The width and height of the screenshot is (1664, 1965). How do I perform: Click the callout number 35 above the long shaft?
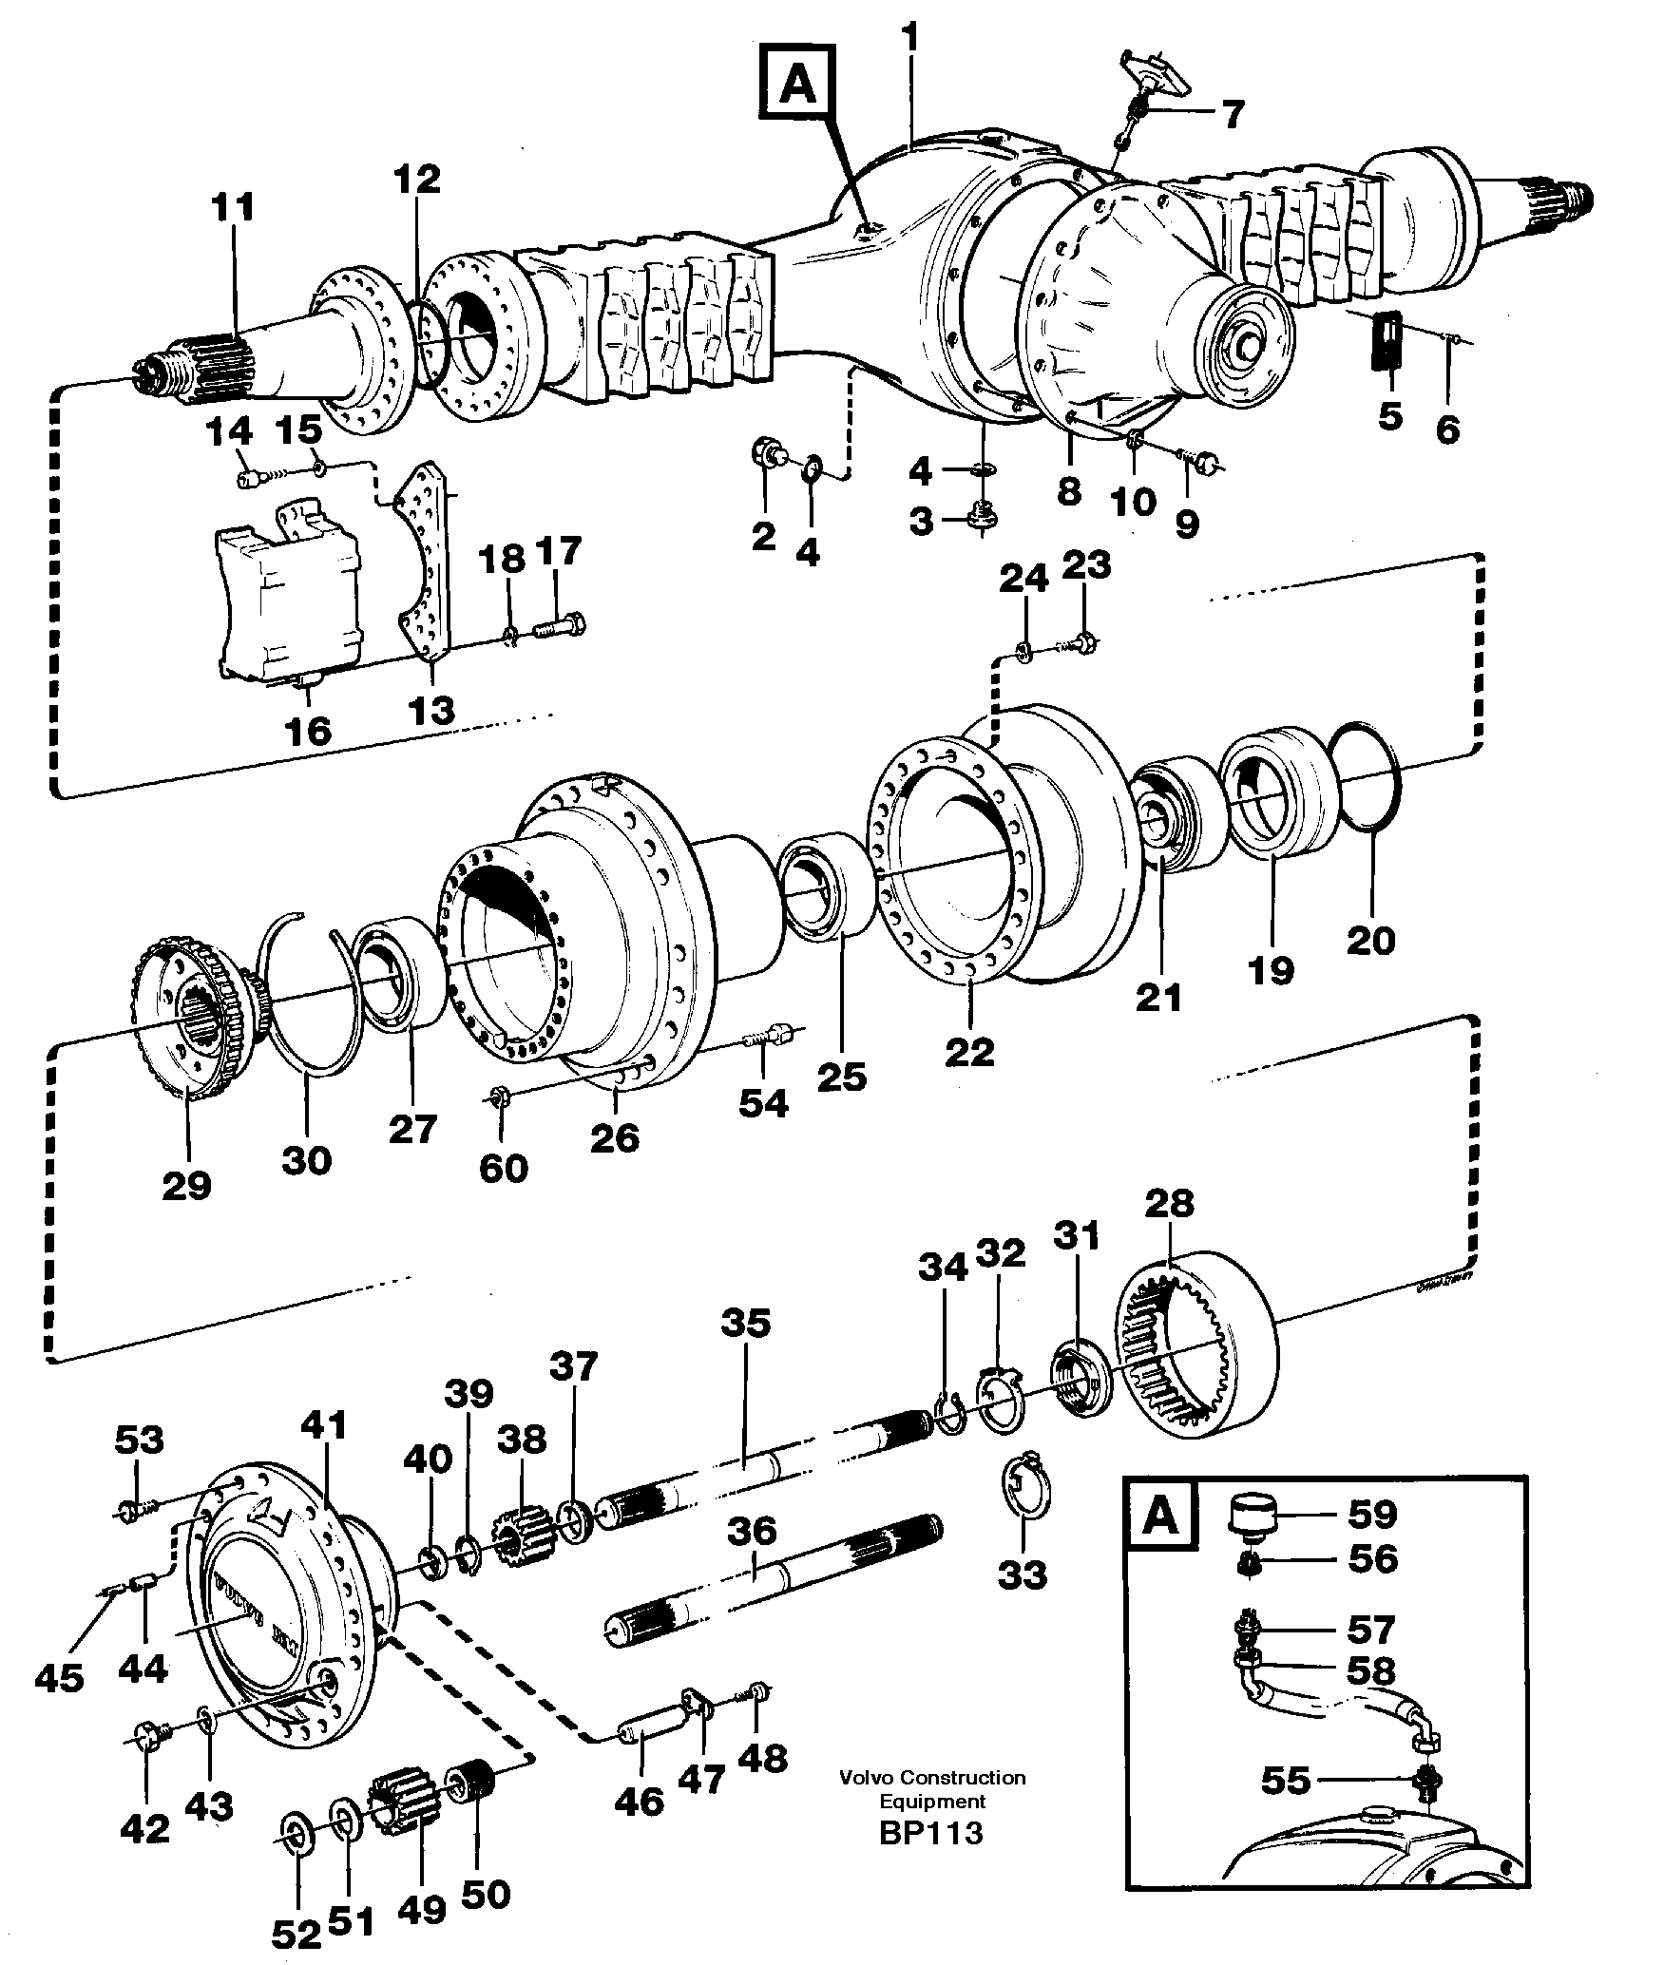pos(745,1323)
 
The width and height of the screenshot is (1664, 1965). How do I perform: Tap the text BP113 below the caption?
pos(930,1831)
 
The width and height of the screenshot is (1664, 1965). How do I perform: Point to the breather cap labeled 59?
pos(1252,1514)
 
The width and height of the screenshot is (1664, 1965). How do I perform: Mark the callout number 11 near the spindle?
pos(233,206)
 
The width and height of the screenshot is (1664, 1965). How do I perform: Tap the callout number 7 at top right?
pos(1232,115)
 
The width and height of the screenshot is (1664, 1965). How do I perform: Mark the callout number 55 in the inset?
pos(1286,1782)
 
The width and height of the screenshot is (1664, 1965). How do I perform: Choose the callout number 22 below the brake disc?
pos(969,1050)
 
